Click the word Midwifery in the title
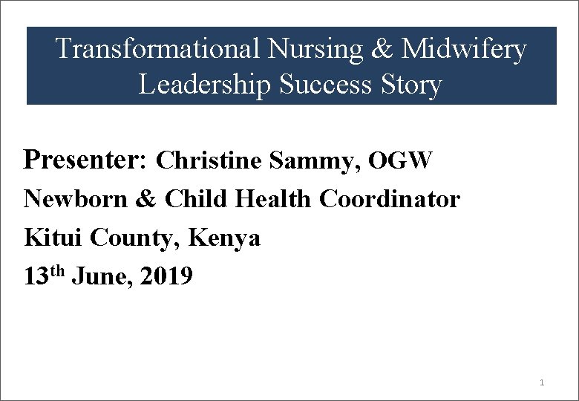tap(464, 50)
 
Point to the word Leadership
tap(205, 85)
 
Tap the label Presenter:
tap(88, 160)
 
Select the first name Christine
tap(209, 160)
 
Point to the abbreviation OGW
tap(400, 160)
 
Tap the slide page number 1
tap(542, 382)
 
